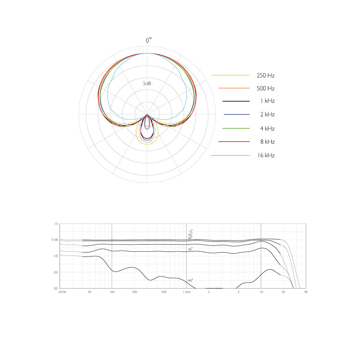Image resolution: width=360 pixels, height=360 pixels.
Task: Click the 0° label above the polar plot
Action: [x=149, y=40]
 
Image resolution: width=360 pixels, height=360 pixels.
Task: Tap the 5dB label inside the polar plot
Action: [x=147, y=84]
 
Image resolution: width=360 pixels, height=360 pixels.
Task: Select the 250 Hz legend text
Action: [x=266, y=76]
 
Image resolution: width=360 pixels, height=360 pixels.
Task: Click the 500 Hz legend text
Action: [x=266, y=89]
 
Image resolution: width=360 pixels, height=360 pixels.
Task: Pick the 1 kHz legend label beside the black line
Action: [x=267, y=101]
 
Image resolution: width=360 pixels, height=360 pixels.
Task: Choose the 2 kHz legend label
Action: [x=267, y=114]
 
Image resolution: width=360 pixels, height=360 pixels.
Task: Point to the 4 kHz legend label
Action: [x=267, y=129]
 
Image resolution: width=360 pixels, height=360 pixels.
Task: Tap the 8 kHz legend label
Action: [x=267, y=141]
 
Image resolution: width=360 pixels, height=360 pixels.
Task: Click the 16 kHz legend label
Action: [x=266, y=156]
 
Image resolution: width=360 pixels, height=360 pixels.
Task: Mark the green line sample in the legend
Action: [x=236, y=129]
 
